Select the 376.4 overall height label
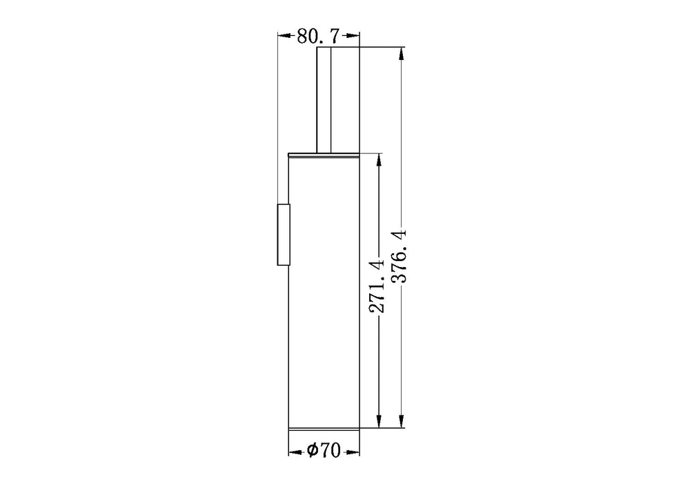(x=400, y=255)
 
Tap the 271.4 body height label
(x=376, y=286)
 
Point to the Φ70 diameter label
(x=324, y=450)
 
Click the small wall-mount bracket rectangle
(x=284, y=235)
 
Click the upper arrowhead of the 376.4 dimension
(x=401, y=54)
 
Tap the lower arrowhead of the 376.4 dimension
(x=401, y=420)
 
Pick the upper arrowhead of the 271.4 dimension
(x=378, y=161)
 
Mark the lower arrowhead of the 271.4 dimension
(x=378, y=420)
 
